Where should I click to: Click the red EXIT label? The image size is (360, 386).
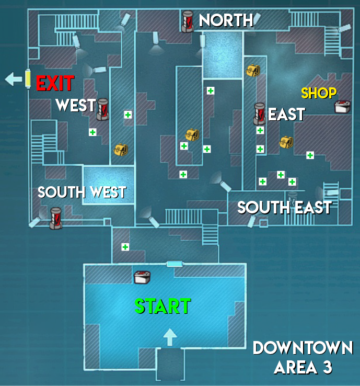pos(55,83)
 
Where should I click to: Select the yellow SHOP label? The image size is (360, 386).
pos(319,94)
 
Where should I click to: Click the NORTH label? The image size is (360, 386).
pos(226,20)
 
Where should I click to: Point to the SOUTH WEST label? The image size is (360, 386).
pos(82,192)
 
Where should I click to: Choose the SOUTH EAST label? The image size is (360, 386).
pos(284,208)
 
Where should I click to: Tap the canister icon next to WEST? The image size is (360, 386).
pos(102,109)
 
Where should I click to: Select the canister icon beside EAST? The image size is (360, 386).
pos(260,113)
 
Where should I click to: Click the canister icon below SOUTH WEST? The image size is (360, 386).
pos(55,218)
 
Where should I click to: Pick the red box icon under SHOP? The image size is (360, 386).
pos(342,107)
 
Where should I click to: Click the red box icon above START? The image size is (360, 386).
pos(142,277)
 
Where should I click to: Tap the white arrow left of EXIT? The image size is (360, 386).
pos(12,80)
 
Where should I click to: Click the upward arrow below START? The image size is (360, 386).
pos(169,336)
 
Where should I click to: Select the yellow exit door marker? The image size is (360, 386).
pos(28,79)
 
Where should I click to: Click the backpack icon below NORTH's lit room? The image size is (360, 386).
pos(253,70)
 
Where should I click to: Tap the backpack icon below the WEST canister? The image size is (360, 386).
pos(121,150)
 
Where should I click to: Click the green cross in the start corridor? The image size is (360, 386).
pos(125,246)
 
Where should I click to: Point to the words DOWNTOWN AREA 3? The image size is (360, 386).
pos(303,357)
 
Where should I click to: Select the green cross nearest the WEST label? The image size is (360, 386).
pos(92,132)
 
